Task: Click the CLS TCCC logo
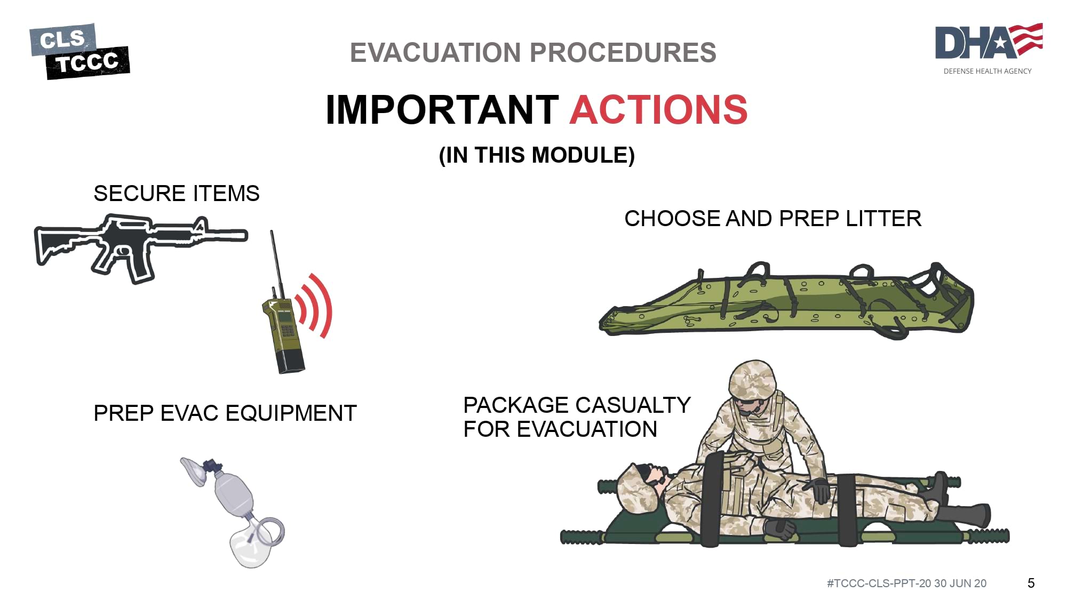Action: pyautogui.click(x=79, y=51)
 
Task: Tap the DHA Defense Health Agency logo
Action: pyautogui.click(x=989, y=49)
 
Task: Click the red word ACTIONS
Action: pyautogui.click(x=659, y=110)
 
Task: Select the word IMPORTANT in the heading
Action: pyautogui.click(x=442, y=110)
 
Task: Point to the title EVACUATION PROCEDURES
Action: pyautogui.click(x=533, y=52)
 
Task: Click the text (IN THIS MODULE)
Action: pyautogui.click(x=537, y=155)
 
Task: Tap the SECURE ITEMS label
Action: pyautogui.click(x=177, y=193)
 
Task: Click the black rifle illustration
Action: pyautogui.click(x=141, y=248)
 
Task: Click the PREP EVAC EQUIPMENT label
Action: pyautogui.click(x=225, y=413)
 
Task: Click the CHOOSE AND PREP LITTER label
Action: pyautogui.click(x=773, y=219)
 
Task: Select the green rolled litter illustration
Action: pyautogui.click(x=786, y=300)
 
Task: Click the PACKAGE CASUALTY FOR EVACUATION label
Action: pyautogui.click(x=577, y=417)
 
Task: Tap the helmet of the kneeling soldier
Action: pyautogui.click(x=753, y=379)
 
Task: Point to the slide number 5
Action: pyautogui.click(x=1031, y=583)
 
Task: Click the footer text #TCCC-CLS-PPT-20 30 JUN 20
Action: pyautogui.click(x=906, y=583)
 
